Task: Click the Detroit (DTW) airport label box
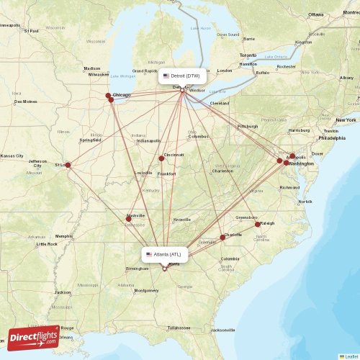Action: (182, 76)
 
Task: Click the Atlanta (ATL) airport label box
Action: (165, 254)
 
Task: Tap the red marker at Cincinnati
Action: (161, 158)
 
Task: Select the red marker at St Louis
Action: (68, 165)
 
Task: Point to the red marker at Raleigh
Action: (258, 225)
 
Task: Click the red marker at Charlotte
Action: (222, 237)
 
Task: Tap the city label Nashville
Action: (135, 215)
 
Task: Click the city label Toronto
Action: (248, 55)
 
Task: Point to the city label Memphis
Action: (64, 235)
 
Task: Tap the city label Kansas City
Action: (12, 156)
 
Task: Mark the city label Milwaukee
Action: (99, 74)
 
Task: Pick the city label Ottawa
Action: (316, 14)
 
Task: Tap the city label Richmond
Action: (289, 187)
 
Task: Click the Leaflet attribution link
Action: (350, 356)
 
